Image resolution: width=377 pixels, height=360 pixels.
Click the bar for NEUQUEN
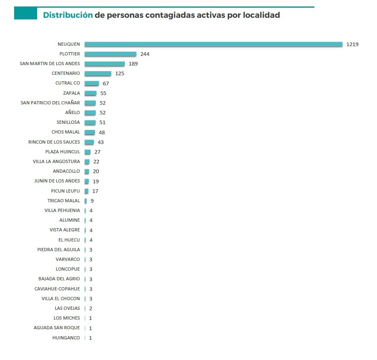point(213,44)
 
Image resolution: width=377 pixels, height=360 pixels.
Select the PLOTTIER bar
point(110,54)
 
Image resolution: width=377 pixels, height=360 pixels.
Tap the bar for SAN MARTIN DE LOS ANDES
point(105,64)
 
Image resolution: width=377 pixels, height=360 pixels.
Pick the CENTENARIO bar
point(98,74)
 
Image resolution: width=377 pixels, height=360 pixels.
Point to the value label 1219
point(352,44)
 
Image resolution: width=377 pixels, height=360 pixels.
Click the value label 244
point(145,54)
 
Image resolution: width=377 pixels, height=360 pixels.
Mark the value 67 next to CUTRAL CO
point(106,83)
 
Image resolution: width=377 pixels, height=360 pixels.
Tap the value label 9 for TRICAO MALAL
point(92,201)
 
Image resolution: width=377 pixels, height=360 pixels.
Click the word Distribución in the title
point(68,15)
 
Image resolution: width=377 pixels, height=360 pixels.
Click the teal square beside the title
point(25,14)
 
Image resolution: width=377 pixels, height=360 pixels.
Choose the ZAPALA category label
point(72,93)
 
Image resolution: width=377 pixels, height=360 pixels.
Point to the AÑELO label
point(72,112)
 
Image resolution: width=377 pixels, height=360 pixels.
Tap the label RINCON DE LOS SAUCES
point(54,142)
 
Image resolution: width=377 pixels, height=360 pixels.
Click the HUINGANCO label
point(66,338)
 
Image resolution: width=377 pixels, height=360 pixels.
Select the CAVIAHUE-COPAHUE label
point(57,289)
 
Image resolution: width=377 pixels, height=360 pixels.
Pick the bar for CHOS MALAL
point(90,132)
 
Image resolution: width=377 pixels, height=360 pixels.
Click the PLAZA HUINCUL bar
point(88,152)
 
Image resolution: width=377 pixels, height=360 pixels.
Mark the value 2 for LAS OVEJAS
point(91,308)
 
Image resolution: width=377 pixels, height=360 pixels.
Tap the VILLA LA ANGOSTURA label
point(57,161)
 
